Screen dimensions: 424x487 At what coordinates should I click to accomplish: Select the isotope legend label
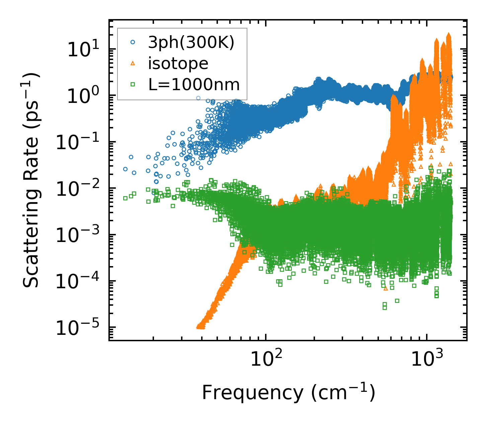click(178, 63)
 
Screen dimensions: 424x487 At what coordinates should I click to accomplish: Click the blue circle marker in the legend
click(133, 43)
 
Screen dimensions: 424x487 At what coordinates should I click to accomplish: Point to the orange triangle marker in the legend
click(133, 63)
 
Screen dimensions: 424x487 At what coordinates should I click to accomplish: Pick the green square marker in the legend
click(133, 84)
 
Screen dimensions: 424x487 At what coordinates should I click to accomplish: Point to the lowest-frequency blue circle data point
click(126, 169)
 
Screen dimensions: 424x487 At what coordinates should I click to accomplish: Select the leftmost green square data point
click(126, 198)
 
